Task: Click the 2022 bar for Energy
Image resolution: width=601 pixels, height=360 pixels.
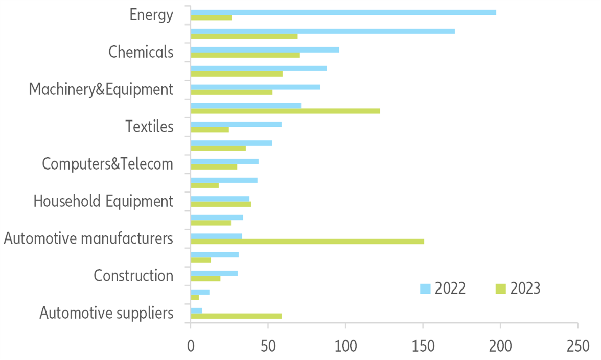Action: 343,12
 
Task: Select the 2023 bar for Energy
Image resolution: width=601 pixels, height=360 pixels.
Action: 211,18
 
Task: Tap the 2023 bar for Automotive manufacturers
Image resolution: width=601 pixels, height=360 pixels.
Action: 307,241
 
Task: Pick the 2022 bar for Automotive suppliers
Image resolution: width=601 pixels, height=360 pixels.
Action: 196,310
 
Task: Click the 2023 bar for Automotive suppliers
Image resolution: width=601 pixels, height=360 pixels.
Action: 236,316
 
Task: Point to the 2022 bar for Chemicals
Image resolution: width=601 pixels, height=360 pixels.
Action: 265,50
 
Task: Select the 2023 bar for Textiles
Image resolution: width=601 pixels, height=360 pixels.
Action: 210,130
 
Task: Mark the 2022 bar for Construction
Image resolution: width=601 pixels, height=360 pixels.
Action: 214,273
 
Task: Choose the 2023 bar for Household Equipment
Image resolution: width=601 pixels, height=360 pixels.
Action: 221,204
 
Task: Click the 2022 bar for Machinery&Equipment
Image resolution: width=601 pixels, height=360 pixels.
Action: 256,87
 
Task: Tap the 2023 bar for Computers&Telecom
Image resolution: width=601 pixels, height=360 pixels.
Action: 214,167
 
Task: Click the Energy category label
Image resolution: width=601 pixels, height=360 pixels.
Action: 151,15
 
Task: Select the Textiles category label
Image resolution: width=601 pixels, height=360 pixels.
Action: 150,126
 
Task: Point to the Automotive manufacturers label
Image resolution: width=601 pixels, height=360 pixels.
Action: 88,238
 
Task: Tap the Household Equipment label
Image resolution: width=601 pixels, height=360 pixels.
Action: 103,201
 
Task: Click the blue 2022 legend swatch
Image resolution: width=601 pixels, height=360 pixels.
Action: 425,289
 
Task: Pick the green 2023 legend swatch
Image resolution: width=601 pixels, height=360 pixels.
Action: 501,289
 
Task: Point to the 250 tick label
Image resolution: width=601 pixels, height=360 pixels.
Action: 577,346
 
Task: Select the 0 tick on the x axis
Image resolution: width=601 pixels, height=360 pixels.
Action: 191,346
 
